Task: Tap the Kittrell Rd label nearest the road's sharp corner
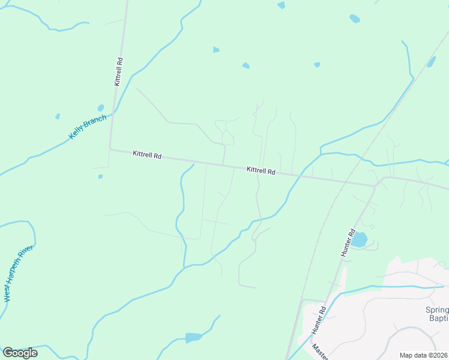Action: pyautogui.click(x=147, y=155)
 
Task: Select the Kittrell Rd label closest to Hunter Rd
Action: pyautogui.click(x=261, y=171)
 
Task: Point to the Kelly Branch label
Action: pyautogui.click(x=88, y=127)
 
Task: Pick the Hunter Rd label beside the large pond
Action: pyautogui.click(x=349, y=243)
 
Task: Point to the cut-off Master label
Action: pyautogui.click(x=320, y=352)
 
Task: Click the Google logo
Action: pyautogui.click(x=20, y=353)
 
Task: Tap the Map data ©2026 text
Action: pyautogui.click(x=423, y=355)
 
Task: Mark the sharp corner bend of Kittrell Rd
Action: pyautogui.click(x=110, y=148)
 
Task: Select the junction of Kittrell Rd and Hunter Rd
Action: pyautogui.click(x=375, y=185)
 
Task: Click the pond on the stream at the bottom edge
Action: pyautogui.click(x=193, y=337)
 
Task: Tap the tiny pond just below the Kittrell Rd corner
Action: pyautogui.click(x=100, y=176)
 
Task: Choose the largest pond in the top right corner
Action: pyautogui.click(x=355, y=19)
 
